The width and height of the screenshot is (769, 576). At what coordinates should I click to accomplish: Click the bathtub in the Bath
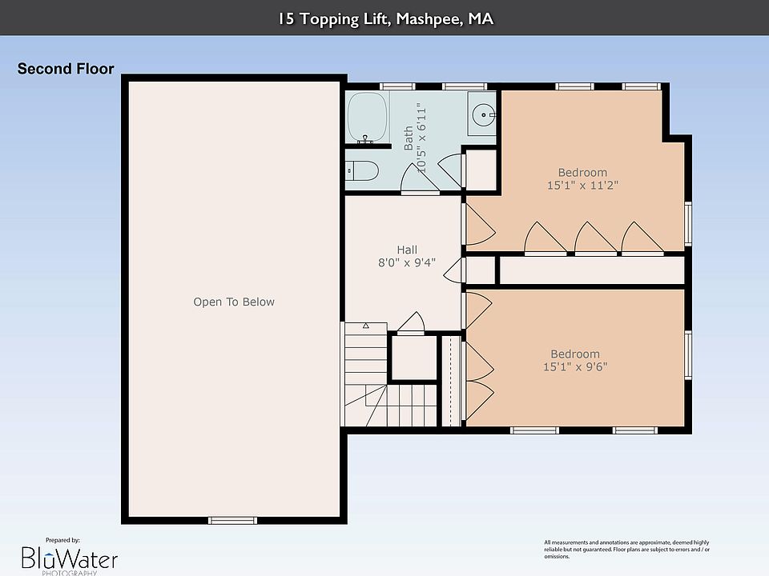pyautogui.click(x=368, y=118)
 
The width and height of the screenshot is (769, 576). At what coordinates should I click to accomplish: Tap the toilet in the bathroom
pyautogui.click(x=362, y=170)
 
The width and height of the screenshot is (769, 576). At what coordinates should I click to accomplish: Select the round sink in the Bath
pyautogui.click(x=483, y=115)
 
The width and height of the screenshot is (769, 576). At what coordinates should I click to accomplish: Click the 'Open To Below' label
pyautogui.click(x=234, y=302)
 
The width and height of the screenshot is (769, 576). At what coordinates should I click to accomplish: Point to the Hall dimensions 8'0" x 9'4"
pyautogui.click(x=407, y=262)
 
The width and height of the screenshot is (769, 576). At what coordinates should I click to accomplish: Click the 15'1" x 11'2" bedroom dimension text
pyautogui.click(x=582, y=185)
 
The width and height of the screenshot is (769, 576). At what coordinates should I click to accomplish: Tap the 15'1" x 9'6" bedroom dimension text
pyautogui.click(x=575, y=366)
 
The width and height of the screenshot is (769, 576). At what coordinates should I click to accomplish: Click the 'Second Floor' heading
pyautogui.click(x=66, y=69)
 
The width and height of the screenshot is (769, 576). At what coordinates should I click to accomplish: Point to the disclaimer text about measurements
pyautogui.click(x=626, y=549)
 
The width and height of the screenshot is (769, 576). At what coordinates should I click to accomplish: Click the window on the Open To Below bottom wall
pyautogui.click(x=232, y=520)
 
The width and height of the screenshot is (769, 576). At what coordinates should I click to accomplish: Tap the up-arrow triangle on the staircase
pyautogui.click(x=366, y=326)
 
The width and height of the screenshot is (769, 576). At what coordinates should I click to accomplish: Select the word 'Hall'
pyautogui.click(x=407, y=250)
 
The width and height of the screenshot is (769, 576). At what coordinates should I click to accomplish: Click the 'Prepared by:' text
pyautogui.click(x=62, y=540)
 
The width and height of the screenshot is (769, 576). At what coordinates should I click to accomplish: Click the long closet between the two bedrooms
pyautogui.click(x=591, y=270)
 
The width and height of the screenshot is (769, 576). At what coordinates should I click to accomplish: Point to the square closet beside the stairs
pyautogui.click(x=414, y=357)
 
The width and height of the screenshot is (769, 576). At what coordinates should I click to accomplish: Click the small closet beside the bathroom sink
pyautogui.click(x=481, y=170)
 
